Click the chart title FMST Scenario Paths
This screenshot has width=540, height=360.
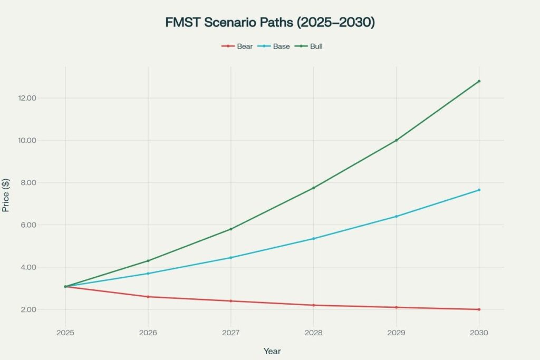click(x=270, y=23)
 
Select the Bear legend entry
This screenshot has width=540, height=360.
click(x=237, y=46)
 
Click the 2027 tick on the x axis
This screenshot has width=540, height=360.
click(x=230, y=333)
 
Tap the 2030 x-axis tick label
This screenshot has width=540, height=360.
click(x=479, y=333)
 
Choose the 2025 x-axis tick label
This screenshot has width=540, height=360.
click(x=65, y=333)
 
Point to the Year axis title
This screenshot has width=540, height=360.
click(x=272, y=351)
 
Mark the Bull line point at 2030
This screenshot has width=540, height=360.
click(x=479, y=81)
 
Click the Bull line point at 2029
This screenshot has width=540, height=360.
click(x=396, y=140)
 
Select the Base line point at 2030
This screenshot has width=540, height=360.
click(x=479, y=190)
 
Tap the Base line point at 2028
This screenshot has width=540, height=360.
click(x=313, y=239)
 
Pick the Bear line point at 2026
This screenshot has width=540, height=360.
click(x=148, y=297)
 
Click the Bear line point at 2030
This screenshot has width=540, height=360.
click(x=479, y=309)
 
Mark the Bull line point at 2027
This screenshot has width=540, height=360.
click(x=230, y=229)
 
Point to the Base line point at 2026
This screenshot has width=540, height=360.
click(x=148, y=274)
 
